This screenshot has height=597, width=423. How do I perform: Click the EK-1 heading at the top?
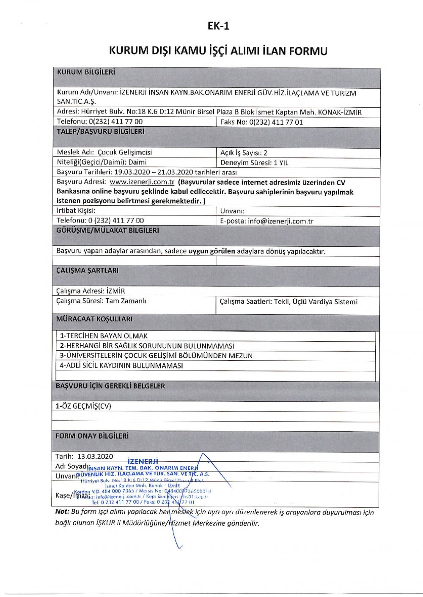[218, 26]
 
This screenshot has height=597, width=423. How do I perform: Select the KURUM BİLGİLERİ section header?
[86, 72]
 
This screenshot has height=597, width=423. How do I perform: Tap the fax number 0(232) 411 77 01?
[276, 122]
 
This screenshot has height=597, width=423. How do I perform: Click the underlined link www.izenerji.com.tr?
[142, 182]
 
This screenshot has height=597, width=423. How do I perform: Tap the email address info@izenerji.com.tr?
[280, 221]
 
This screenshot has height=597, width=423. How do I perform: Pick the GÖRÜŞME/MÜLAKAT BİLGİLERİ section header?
[107, 231]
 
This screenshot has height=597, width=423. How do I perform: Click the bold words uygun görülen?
[211, 251]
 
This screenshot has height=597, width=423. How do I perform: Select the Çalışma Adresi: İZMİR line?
[91, 291]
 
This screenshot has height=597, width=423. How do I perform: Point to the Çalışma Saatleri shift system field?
[288, 302]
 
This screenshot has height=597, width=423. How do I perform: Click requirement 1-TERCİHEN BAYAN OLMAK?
[104, 336]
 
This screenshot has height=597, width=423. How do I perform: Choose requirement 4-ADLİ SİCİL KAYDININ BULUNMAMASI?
[121, 365]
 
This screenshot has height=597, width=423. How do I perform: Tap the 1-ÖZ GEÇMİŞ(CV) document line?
[83, 406]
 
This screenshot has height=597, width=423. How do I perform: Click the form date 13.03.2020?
[95, 456]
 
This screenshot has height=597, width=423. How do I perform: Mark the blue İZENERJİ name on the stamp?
[143, 461]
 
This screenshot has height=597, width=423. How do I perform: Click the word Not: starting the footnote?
[62, 512]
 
